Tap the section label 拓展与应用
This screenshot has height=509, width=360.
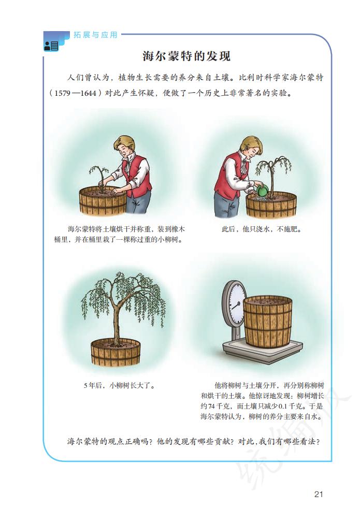96,35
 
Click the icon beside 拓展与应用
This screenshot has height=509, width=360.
51,46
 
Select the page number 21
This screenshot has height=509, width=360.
319,494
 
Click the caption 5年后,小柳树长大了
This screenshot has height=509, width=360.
119,385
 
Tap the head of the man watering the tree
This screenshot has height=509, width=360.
251,147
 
